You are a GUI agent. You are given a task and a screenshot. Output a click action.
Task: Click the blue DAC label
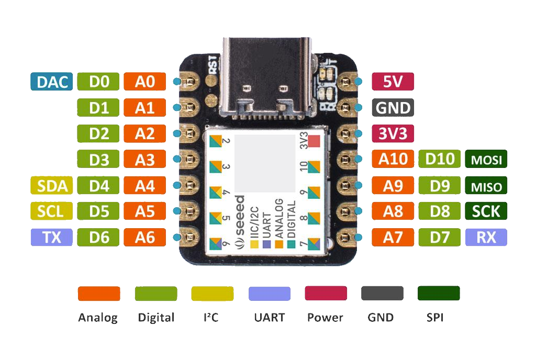click(51, 82)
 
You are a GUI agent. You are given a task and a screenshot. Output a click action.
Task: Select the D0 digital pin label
click(98, 82)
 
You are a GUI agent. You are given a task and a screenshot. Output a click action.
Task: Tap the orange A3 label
click(145, 160)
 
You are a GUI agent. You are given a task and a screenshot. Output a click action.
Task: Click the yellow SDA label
click(51, 186)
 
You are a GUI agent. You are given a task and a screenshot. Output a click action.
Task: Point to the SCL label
click(51, 211)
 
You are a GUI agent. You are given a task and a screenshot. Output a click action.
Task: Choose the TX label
click(51, 238)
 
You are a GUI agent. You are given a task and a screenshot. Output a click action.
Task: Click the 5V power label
click(393, 82)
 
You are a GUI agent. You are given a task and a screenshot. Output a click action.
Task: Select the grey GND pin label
click(393, 108)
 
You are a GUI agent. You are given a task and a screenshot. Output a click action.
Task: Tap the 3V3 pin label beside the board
click(393, 133)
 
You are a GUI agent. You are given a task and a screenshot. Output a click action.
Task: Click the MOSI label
click(486, 160)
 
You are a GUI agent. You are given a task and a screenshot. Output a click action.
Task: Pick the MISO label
click(486, 186)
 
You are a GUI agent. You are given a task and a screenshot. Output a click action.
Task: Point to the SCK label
click(486, 211)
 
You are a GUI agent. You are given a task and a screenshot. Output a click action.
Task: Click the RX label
click(486, 238)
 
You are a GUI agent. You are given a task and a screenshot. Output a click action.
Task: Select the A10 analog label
click(393, 160)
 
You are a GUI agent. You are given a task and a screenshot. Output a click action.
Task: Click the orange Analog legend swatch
click(99, 294)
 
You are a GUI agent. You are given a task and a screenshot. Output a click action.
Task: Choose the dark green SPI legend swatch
click(439, 294)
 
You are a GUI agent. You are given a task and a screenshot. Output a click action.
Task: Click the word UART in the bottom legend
click(270, 317)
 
